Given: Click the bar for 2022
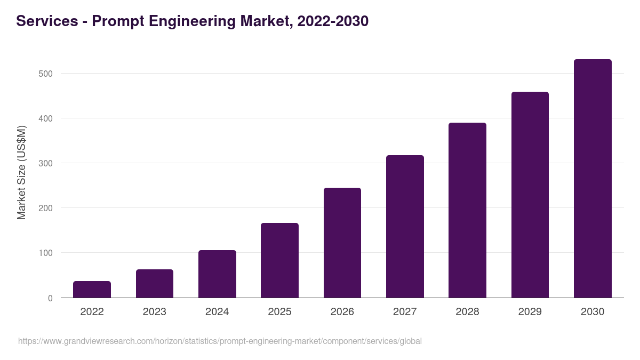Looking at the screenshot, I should point(92,290).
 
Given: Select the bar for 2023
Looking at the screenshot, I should point(155,284).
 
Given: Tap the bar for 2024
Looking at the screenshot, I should point(217,274).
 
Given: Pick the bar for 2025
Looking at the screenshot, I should point(279,260).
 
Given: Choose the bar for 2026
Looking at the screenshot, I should point(342,243).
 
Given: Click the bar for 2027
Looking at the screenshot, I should point(405,227).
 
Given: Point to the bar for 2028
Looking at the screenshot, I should point(467,210).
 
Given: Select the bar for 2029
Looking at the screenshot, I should point(530,195).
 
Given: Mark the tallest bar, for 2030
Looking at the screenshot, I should point(593,179).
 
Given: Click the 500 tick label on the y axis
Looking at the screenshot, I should point(45,74).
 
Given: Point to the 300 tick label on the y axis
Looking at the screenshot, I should point(45,163).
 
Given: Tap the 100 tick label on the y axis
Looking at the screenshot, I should point(45,253).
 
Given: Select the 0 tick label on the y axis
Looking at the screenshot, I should point(50,298).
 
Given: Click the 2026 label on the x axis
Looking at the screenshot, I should point(342,312).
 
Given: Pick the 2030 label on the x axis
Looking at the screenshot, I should point(593,312).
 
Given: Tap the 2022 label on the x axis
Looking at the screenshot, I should point(92,312).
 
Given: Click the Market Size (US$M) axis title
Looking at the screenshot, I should point(21,172).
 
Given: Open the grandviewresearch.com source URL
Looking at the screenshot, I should point(220,341).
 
